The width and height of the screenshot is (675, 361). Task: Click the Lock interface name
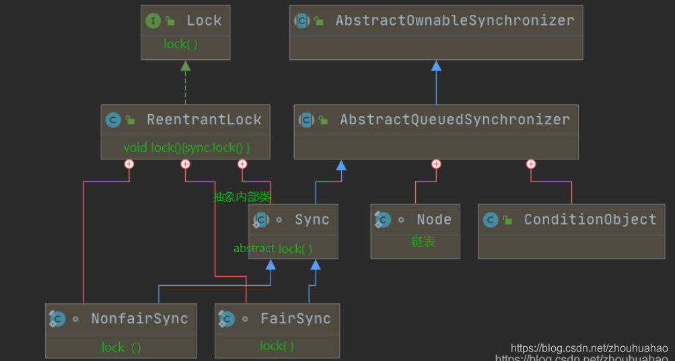click(203, 21)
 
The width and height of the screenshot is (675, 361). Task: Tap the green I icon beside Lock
click(153, 21)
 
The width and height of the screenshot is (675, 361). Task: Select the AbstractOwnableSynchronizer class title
click(455, 21)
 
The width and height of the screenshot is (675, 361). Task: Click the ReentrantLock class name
click(204, 120)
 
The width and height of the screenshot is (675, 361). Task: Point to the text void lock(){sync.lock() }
click(187, 147)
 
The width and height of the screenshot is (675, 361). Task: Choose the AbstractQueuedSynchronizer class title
click(455, 120)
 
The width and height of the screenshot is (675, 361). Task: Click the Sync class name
click(312, 220)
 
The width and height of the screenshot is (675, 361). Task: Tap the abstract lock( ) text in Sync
click(273, 249)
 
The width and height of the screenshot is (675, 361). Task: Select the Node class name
click(433, 220)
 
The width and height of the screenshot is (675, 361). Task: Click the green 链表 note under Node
click(423, 241)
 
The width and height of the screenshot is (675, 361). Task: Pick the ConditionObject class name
click(590, 220)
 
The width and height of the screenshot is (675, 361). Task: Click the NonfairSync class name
click(139, 319)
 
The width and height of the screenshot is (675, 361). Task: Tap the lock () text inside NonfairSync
click(121, 348)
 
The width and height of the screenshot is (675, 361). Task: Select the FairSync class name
click(295, 319)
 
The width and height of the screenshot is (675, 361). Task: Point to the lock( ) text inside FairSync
click(277, 346)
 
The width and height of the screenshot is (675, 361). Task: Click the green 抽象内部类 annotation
click(242, 197)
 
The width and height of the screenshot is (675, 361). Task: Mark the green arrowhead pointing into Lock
click(185, 66)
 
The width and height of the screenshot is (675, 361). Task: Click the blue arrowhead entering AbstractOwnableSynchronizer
click(436, 66)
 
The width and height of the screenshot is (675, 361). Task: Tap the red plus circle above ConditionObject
click(531, 164)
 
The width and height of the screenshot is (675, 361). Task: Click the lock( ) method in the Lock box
click(180, 44)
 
